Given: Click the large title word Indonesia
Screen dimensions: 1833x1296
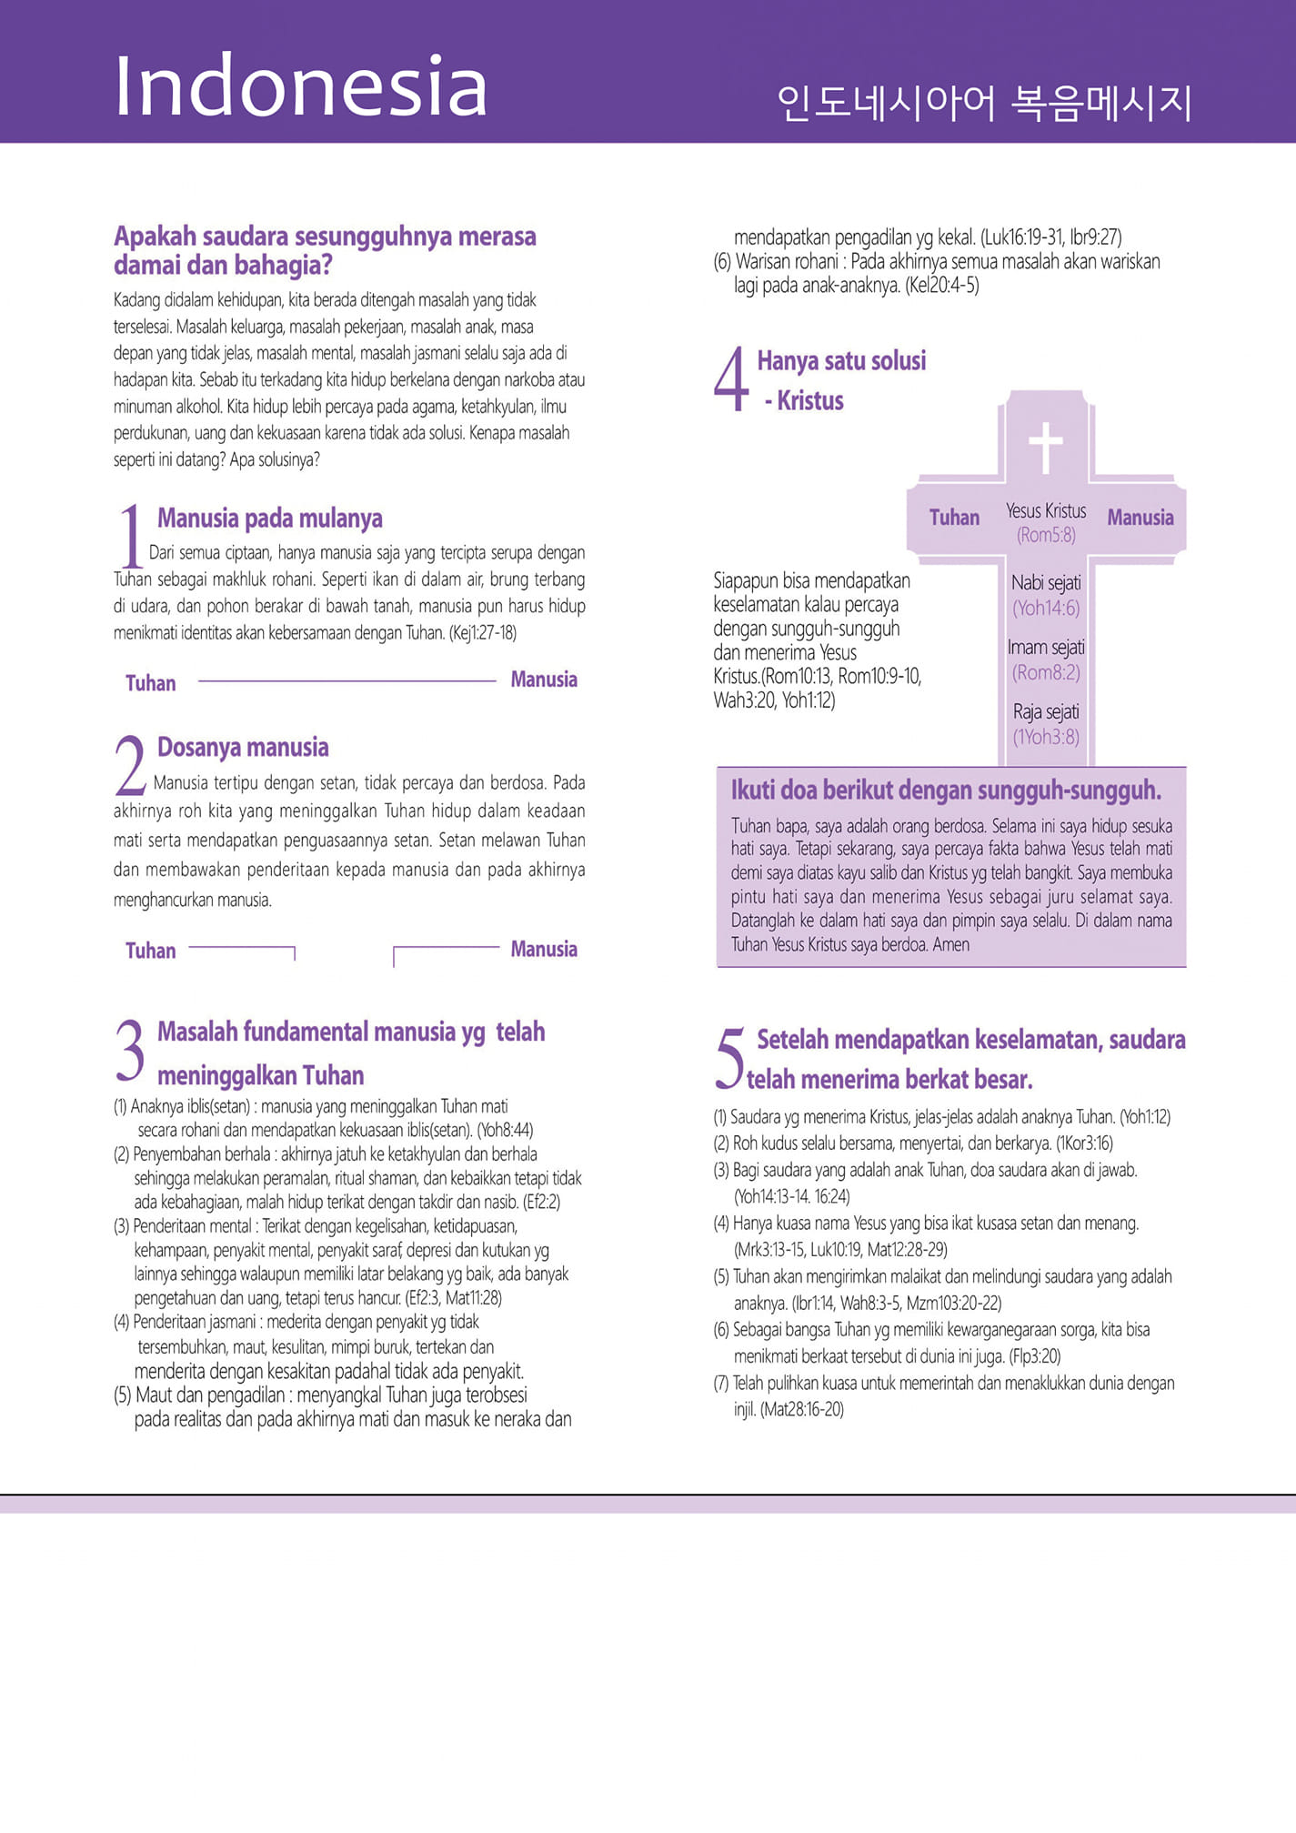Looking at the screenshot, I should click(300, 86).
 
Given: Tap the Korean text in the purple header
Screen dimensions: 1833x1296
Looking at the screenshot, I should click(984, 103).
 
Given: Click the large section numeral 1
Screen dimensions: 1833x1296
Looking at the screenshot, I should click(132, 537).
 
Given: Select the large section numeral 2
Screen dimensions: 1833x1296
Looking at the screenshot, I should click(131, 766).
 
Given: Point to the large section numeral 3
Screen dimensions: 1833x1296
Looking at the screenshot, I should click(130, 1050).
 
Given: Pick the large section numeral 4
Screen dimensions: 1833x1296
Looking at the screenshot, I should click(731, 380).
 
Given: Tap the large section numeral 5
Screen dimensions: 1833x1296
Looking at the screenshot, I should click(729, 1058).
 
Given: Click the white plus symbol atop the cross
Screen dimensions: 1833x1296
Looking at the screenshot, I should click(1046, 448).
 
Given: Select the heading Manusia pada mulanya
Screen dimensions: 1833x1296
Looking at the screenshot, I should click(270, 519).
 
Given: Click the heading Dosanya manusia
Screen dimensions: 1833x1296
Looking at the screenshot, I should click(243, 748).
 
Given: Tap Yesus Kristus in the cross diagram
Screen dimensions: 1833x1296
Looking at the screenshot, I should click(1046, 511).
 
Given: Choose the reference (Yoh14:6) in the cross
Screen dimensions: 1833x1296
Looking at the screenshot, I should click(1046, 608).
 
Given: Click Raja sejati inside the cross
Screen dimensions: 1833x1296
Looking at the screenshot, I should click(1046, 711).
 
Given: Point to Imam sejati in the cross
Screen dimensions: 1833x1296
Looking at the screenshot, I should click(1046, 648).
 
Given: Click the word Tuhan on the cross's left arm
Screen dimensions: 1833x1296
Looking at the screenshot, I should click(954, 518).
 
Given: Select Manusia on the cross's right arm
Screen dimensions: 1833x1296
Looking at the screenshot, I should click(1140, 518).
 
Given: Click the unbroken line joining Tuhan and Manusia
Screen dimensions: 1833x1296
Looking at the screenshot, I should click(347, 680).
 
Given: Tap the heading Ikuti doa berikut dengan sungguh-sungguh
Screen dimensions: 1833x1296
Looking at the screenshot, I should click(946, 791).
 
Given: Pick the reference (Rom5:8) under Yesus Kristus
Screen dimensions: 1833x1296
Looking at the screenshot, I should click(1046, 535).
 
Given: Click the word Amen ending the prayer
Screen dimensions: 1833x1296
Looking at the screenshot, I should click(951, 944).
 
